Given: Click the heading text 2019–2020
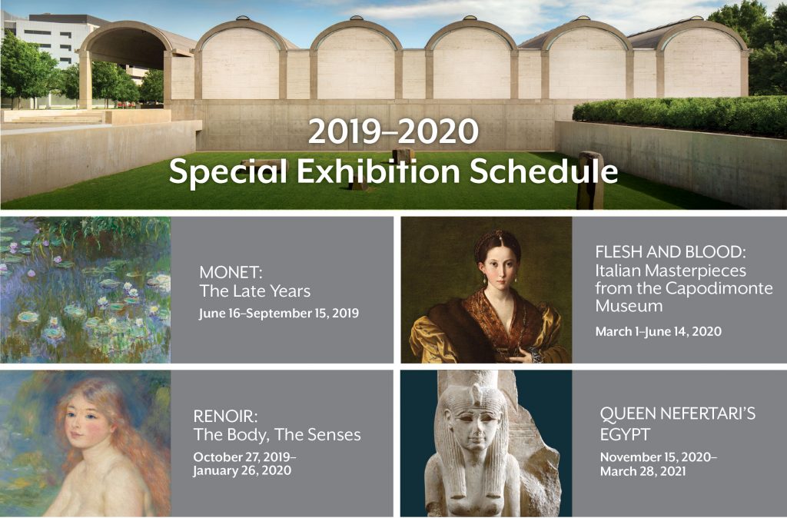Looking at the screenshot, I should [393, 132].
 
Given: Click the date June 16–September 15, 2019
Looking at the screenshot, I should [278, 314].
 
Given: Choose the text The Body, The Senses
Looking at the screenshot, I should [277, 435].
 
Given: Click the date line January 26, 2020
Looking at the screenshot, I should [242, 470].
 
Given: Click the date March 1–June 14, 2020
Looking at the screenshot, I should [659, 332].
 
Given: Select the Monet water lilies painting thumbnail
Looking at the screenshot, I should [85, 290].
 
